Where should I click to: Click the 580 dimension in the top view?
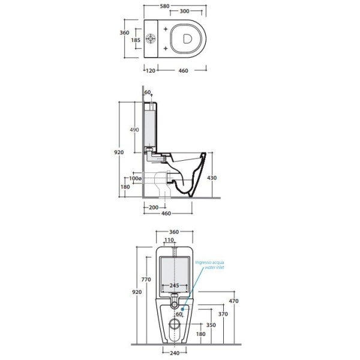(x=164, y=6)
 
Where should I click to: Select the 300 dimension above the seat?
(x=184, y=11)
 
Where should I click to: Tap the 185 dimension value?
(x=136, y=40)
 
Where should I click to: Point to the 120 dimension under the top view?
(x=151, y=70)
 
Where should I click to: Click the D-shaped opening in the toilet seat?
(x=187, y=38)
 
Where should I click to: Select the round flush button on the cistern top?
(x=151, y=38)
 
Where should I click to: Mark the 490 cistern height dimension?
(x=134, y=130)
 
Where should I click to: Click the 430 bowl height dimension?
(x=212, y=178)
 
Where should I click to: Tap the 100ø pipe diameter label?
(x=135, y=178)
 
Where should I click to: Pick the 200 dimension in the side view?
(x=154, y=208)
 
